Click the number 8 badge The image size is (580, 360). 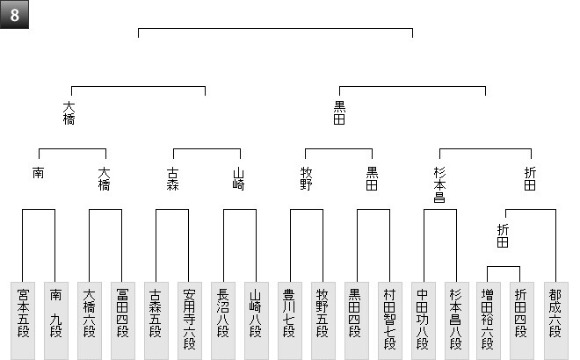click(15, 15)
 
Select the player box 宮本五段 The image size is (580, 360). click(23, 320)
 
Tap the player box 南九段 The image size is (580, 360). click(56, 320)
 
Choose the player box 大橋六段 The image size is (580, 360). click(90, 320)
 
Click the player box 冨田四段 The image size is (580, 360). click(123, 320)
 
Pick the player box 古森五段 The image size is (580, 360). click(156, 320)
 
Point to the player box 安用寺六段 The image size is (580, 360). click(190, 320)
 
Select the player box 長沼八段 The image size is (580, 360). click(223, 320)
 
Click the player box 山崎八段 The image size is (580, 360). click(257, 320)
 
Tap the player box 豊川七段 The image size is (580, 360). click(290, 320)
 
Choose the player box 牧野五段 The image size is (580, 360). click(323, 320)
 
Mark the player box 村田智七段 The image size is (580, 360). click(390, 320)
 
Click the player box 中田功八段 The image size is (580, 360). click(424, 320)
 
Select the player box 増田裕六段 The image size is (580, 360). click(489, 320)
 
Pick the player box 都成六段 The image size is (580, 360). click(555, 320)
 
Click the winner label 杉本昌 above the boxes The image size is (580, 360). click(439, 185)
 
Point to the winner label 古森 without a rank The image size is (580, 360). click(173, 179)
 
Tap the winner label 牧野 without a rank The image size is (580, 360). click(306, 179)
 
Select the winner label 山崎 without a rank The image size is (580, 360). click(239, 179)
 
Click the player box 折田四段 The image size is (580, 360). click(522, 320)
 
